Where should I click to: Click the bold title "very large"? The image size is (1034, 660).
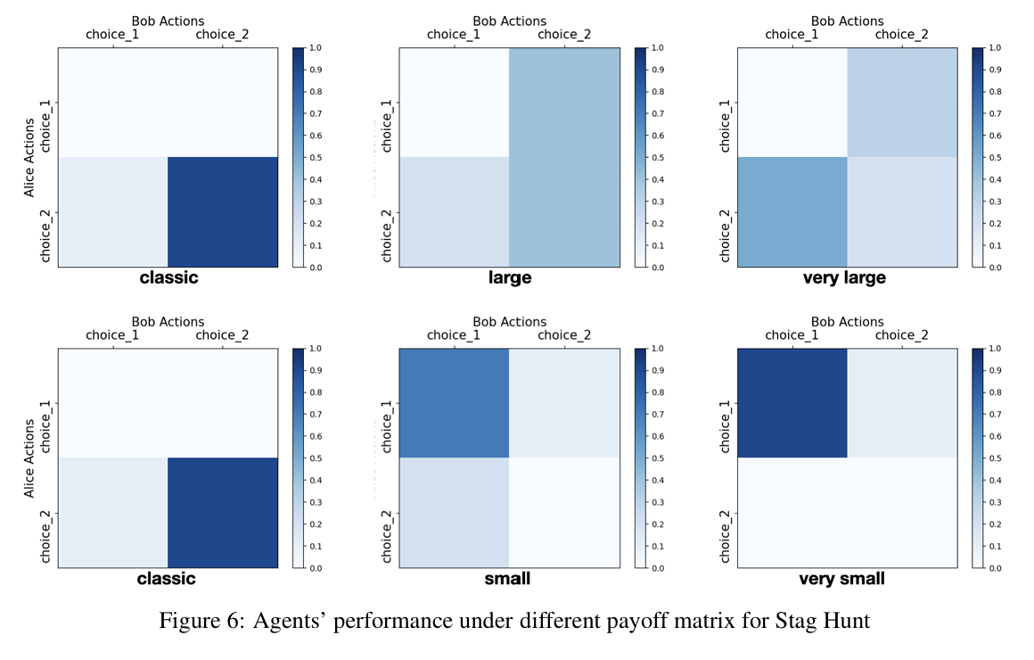[x=844, y=278]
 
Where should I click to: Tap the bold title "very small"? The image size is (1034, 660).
[x=841, y=579]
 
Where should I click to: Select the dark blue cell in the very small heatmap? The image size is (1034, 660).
[x=792, y=402]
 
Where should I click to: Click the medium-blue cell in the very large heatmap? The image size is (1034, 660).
[x=792, y=212]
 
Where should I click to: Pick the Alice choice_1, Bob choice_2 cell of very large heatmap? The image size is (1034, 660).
[x=902, y=103]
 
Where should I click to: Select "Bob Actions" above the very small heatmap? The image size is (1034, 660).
[x=848, y=322]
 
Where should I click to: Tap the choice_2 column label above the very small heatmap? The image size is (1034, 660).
[x=901, y=335]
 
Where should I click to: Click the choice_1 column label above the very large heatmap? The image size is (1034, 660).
[x=792, y=34]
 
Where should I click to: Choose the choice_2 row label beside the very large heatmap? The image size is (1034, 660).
[x=726, y=235]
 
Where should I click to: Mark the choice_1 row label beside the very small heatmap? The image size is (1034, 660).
[x=726, y=426]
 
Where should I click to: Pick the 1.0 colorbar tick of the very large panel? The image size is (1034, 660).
[x=995, y=48]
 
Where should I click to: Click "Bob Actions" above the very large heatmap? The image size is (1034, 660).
[x=848, y=21]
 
